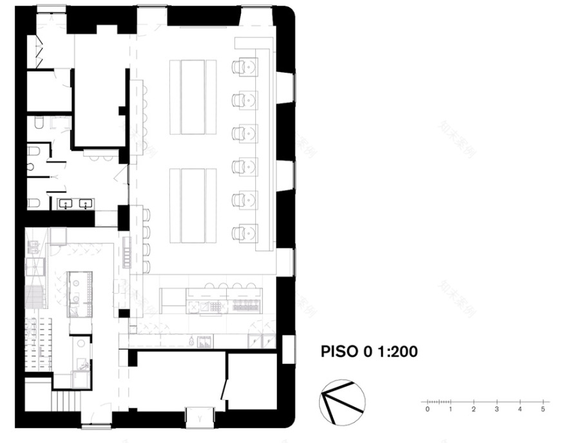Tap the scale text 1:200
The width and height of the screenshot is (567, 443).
coord(394,352)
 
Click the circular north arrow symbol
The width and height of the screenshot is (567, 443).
coord(342,402)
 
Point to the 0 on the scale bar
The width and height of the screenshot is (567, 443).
coord(427,409)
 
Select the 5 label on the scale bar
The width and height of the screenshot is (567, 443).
coord(543,409)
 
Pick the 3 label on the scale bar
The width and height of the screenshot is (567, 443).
coord(497,409)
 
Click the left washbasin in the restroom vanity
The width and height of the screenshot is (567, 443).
coord(66,204)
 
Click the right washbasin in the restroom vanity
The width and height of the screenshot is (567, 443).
coord(84,204)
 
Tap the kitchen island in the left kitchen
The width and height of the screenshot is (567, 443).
coord(81,293)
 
